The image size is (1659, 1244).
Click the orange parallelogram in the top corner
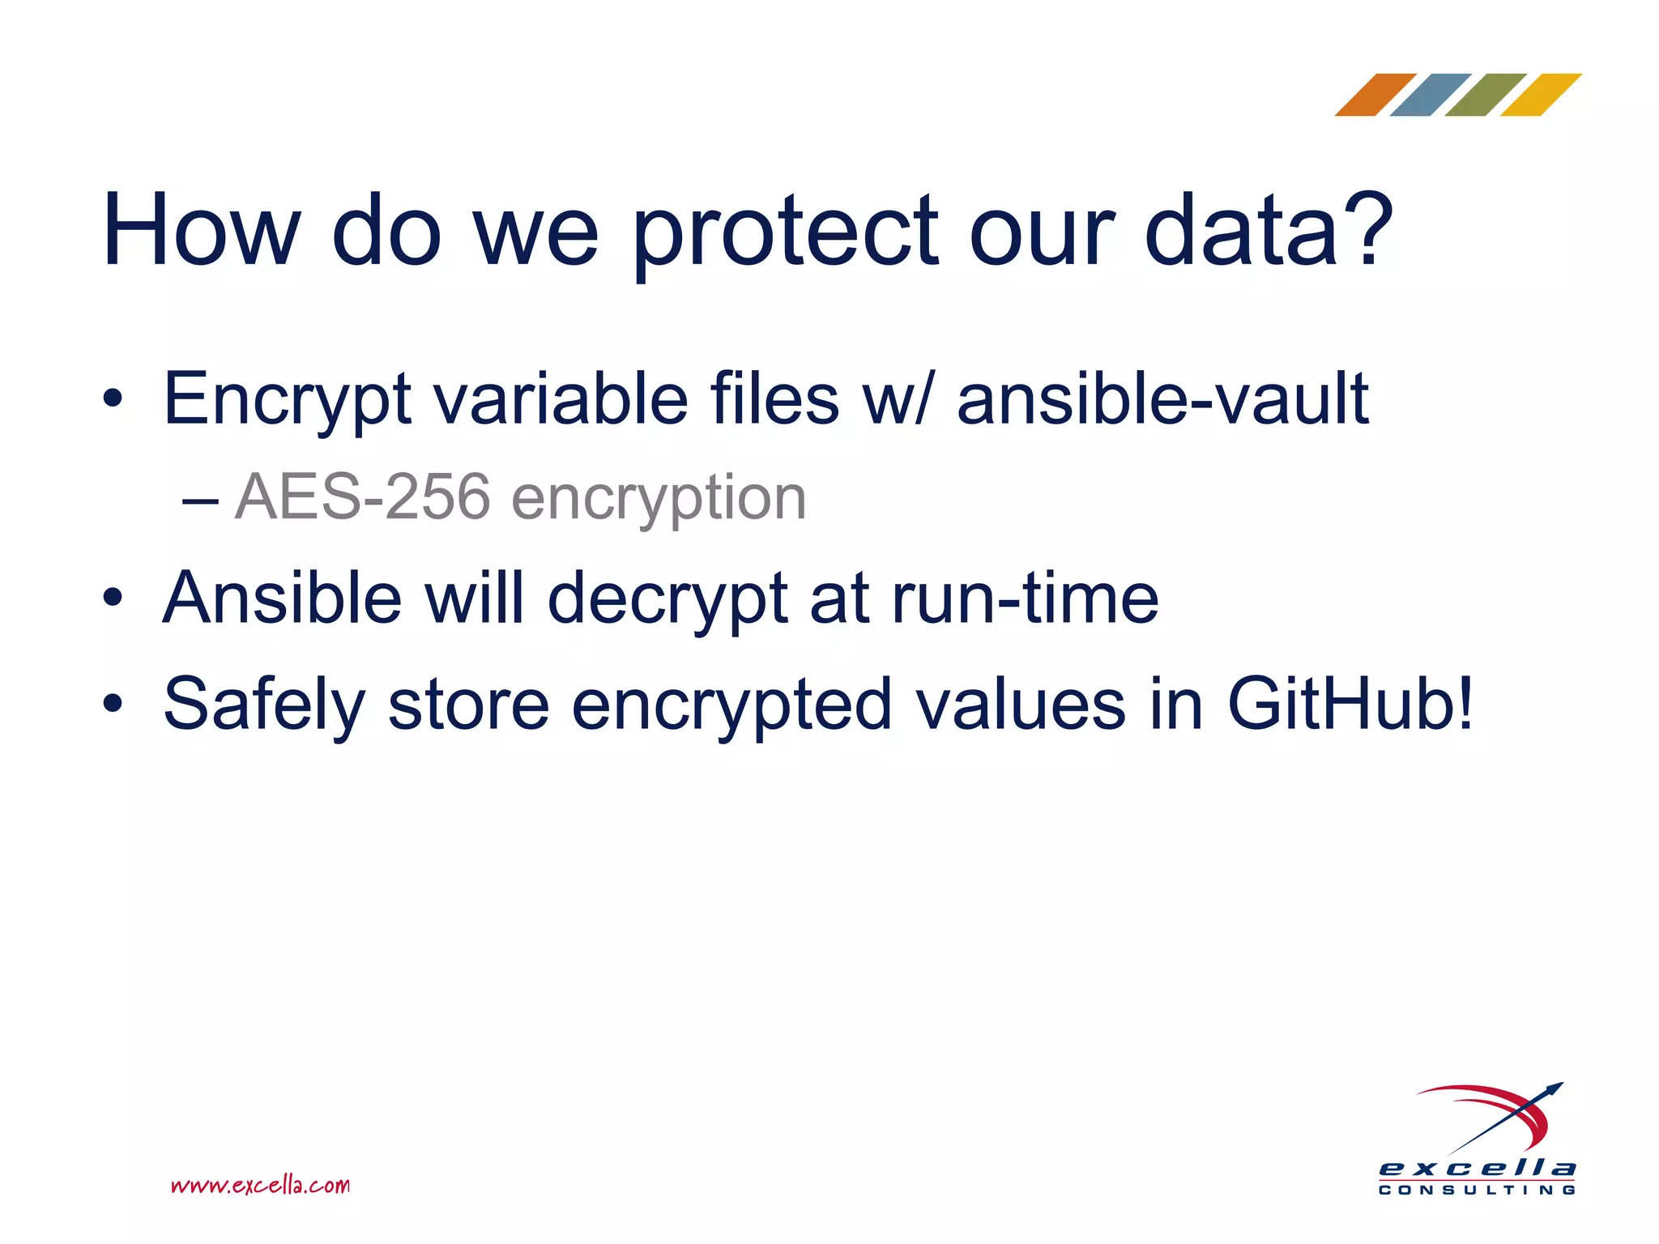coord(1375,95)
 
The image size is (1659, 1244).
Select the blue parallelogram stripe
coord(1430,95)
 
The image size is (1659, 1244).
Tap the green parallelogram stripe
coord(1485,95)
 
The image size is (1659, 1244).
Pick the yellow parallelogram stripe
coord(1540,95)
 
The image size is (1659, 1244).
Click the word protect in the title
coord(783,232)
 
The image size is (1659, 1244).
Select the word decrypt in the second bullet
coord(667,600)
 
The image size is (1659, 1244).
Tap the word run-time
coord(1025,599)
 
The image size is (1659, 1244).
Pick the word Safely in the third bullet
coord(264,705)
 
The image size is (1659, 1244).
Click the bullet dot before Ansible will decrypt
coord(113,599)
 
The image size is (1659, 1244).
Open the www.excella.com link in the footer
coord(260,1186)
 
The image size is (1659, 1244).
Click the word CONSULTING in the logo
coord(1477,1190)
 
